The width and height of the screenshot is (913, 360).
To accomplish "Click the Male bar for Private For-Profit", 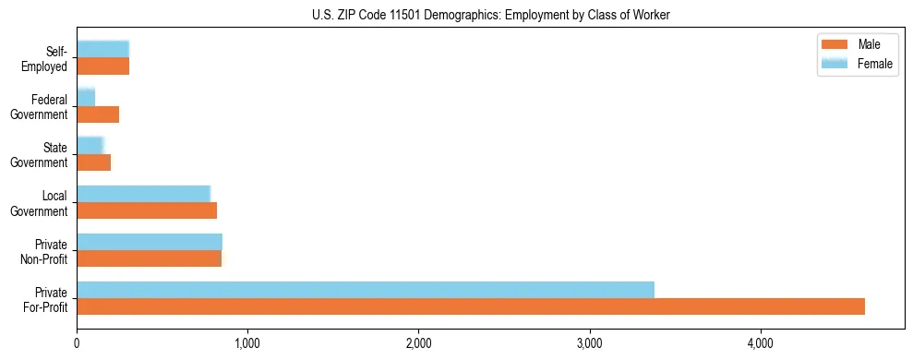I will (471, 306).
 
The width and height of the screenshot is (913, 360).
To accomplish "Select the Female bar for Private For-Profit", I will (366, 290).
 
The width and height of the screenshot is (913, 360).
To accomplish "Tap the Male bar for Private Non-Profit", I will (150, 258).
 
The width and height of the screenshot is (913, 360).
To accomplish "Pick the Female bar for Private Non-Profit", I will (150, 242).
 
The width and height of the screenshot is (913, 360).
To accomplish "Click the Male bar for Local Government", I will (147, 210).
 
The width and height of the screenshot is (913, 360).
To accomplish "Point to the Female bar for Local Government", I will (144, 194).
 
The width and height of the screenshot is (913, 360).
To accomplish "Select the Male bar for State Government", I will (94, 162).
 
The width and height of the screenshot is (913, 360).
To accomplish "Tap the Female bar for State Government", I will (90, 146).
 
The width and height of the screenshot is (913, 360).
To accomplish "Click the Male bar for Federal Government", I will (98, 114).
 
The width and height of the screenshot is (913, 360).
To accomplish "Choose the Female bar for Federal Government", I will (86, 98).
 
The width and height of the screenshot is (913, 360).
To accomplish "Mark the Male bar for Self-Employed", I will (103, 66).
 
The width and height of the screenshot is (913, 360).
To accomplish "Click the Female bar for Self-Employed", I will (103, 50).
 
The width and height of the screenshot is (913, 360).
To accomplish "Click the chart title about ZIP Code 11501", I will (490, 14).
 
